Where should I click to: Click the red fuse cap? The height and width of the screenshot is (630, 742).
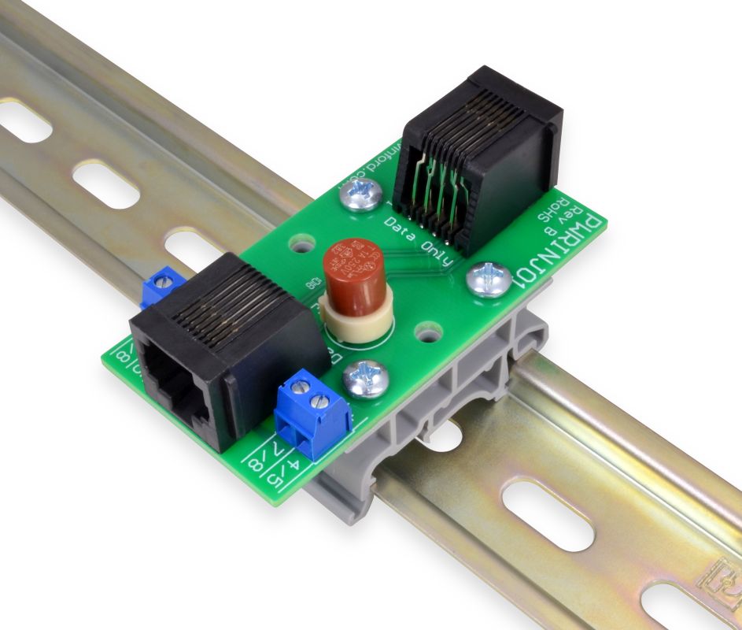352,272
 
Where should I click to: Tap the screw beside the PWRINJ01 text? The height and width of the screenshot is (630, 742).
489,280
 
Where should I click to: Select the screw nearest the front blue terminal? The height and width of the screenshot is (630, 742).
367,379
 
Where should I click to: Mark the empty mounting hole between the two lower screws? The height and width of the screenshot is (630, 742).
428,334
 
